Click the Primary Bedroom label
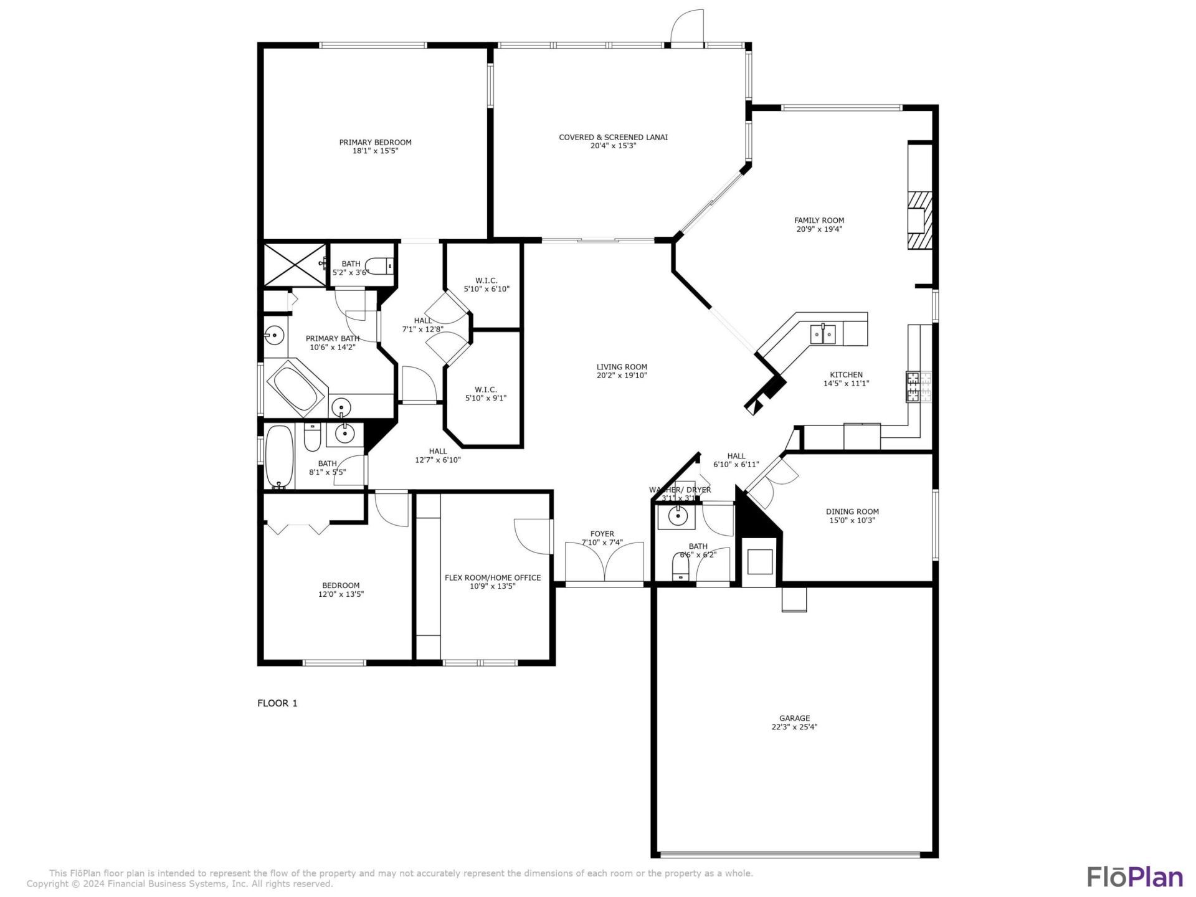tap(375, 143)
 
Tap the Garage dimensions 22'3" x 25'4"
tap(794, 727)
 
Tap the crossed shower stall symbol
tap(294, 264)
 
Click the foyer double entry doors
tap(604, 562)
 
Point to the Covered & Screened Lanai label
tap(613, 137)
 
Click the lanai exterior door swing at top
tap(687, 28)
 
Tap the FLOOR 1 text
tap(277, 703)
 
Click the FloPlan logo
tap(1134, 876)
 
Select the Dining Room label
tap(852, 511)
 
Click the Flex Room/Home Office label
tap(492, 577)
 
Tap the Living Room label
tap(621, 367)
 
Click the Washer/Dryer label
tap(680, 490)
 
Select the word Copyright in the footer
tap(47, 883)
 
